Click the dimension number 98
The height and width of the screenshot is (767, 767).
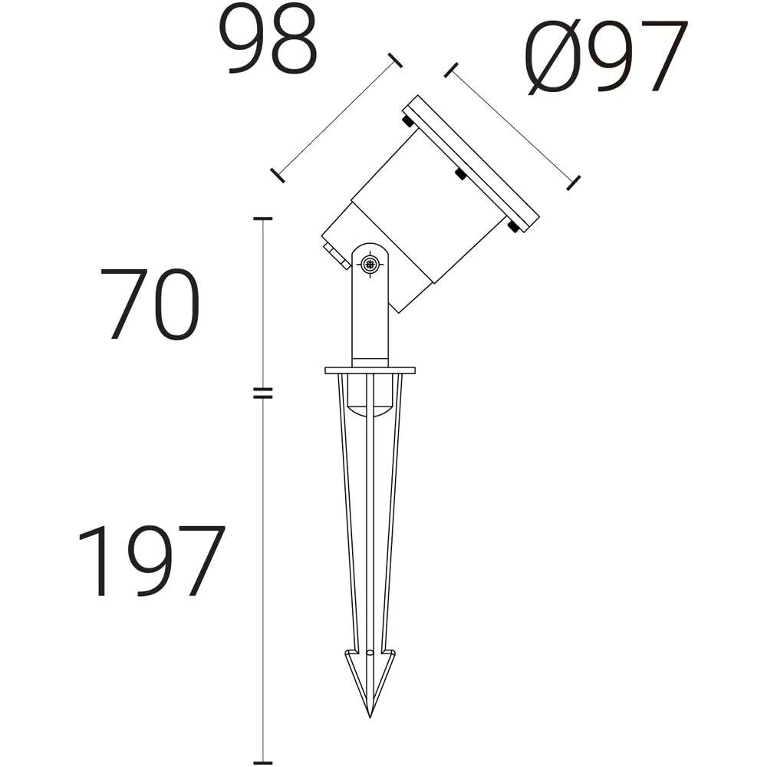coord(272,41)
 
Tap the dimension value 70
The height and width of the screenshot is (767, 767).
coord(150,304)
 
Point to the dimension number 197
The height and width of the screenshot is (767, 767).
coord(150,561)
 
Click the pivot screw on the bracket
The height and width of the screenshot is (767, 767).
coord(370,265)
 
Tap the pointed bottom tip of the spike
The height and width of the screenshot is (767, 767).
coord(370,715)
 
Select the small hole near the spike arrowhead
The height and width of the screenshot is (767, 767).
coord(370,653)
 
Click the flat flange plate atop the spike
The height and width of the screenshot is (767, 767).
coord(370,371)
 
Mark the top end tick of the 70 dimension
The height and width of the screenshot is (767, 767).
coord(263,220)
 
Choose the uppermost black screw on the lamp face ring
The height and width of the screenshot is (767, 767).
coord(407,120)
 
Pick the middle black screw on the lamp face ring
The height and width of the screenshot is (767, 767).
coord(459,174)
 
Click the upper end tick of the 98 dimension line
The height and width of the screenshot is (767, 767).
coord(396,61)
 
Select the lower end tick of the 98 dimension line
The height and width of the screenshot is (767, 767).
coord(277,175)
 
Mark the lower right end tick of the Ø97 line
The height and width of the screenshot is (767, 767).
coord(572,182)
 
